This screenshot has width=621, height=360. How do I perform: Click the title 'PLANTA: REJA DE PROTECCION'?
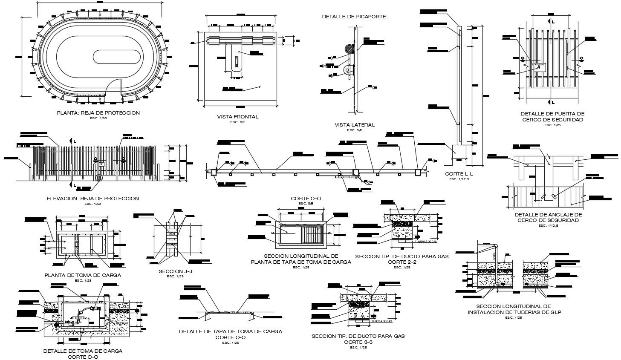coord(98,113)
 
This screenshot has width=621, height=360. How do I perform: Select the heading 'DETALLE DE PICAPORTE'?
coord(354,17)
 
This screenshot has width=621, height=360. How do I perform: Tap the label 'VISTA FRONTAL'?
coord(237,117)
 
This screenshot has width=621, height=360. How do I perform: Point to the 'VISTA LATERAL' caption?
coord(355,125)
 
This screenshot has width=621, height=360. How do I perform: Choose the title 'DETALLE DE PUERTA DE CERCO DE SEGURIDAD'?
coord(552,117)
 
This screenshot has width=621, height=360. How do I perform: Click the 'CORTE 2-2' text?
coord(401,262)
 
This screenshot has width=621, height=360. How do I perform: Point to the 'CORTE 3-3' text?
coord(358,342)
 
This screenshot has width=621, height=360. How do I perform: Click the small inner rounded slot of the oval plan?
coord(117,56)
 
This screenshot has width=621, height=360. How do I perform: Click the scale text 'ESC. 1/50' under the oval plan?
coord(98,118)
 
